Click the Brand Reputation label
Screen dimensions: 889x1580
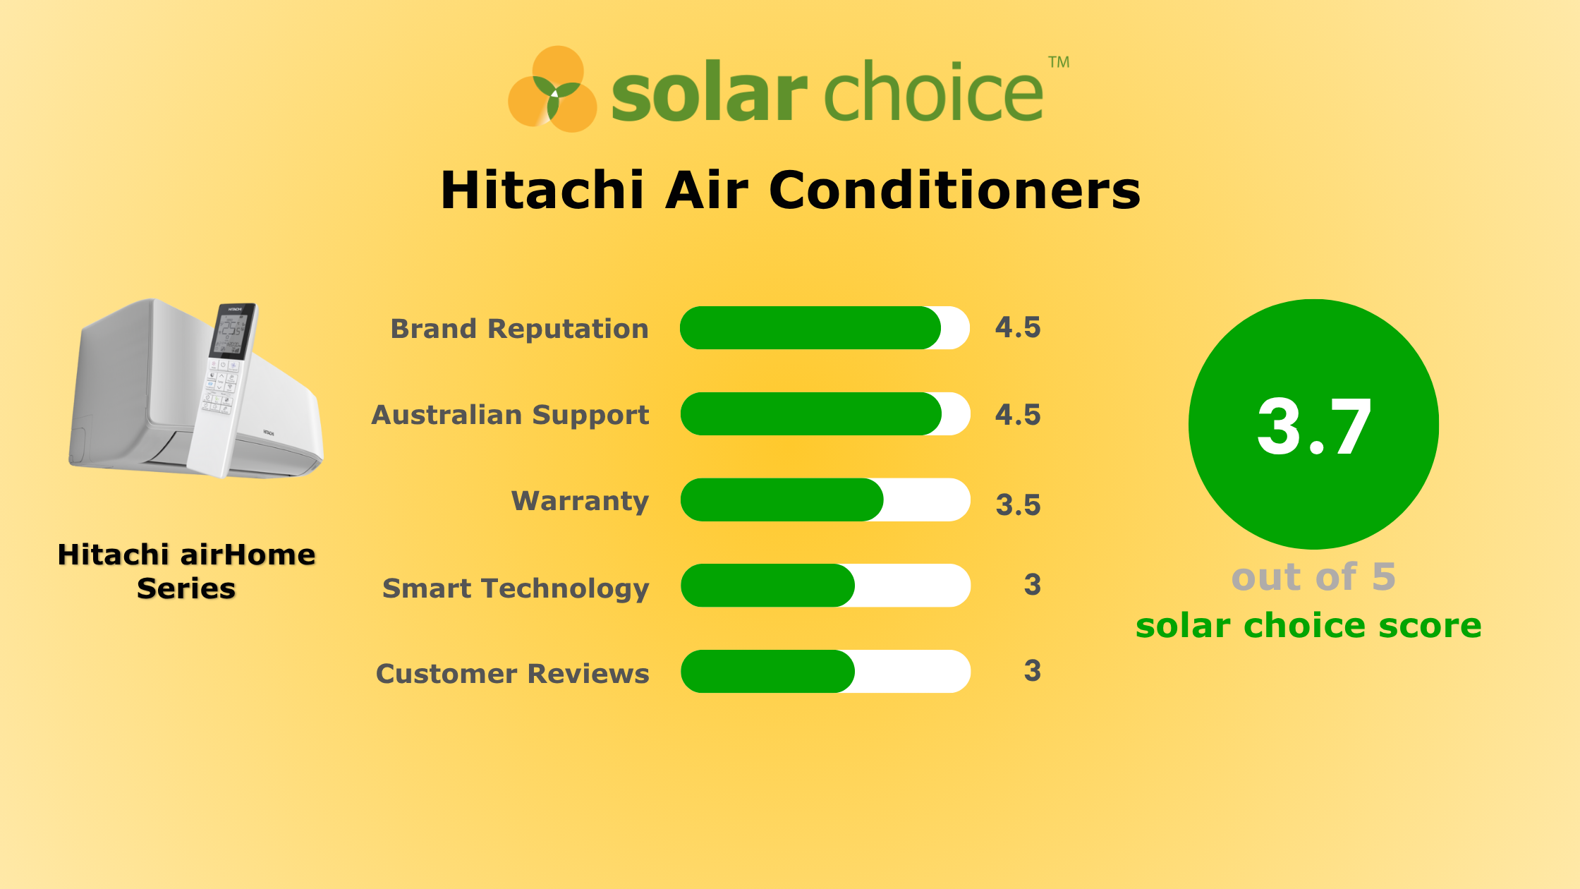pyautogui.click(x=519, y=329)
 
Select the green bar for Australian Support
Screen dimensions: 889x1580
pyautogui.click(x=810, y=414)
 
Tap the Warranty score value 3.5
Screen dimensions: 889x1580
pyautogui.click(x=1018, y=505)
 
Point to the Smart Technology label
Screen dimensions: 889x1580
pyautogui.click(x=515, y=588)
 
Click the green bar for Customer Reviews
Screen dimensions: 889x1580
pyautogui.click(x=767, y=672)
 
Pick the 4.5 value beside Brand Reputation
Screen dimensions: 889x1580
pyautogui.click(x=1018, y=327)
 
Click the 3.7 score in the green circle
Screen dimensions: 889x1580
pyautogui.click(x=1313, y=426)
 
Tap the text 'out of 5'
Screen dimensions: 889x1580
pyautogui.click(x=1313, y=577)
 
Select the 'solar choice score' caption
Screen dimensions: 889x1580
pyautogui.click(x=1308, y=626)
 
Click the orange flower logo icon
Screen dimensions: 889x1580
pyautogui.click(x=553, y=90)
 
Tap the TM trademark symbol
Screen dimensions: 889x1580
pyautogui.click(x=1059, y=62)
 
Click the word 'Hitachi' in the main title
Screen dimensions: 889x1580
pyautogui.click(x=542, y=190)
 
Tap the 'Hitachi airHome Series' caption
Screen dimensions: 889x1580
pyautogui.click(x=186, y=571)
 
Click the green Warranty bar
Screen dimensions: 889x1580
pyautogui.click(x=782, y=500)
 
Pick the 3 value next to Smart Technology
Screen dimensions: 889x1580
pyautogui.click(x=1032, y=585)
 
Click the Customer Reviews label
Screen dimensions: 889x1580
pyautogui.click(x=512, y=674)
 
